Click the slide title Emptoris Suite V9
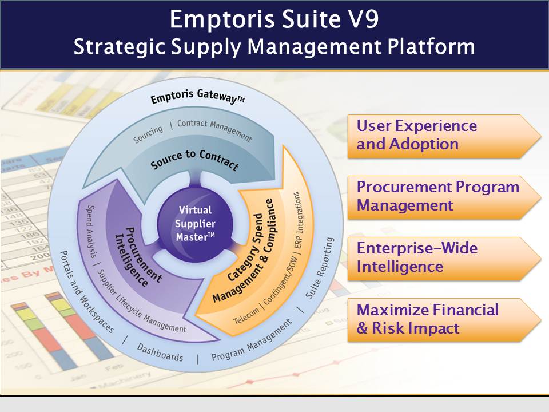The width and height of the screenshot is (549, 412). coord(274,19)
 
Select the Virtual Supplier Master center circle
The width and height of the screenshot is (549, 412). coord(196,223)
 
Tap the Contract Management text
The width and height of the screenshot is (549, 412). coord(214,129)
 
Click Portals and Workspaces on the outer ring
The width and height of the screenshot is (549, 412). coord(86,292)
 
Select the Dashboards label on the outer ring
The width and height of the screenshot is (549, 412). coord(160,352)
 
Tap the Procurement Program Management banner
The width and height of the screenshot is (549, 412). coord(443,196)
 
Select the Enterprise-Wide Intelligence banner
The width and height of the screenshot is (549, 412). coord(443,258)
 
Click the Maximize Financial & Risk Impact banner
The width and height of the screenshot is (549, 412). coord(443,319)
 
